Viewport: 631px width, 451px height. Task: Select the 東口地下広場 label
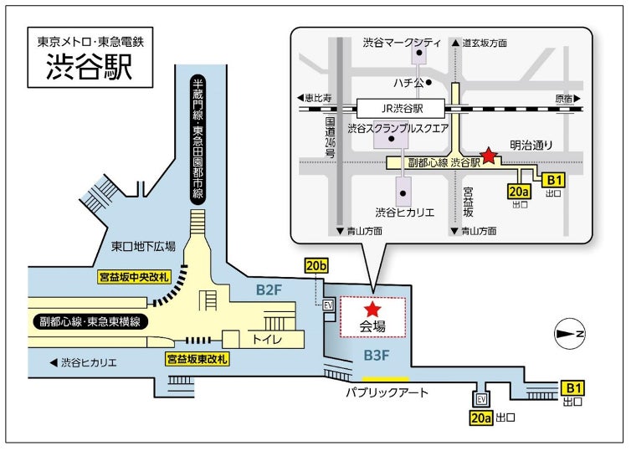click(143, 246)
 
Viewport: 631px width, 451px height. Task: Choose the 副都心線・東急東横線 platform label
click(89, 322)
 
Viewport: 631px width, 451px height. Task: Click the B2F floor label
click(269, 291)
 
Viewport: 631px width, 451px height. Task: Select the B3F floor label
click(377, 356)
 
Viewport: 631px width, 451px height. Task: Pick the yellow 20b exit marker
click(316, 266)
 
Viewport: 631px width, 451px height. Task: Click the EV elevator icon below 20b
click(328, 306)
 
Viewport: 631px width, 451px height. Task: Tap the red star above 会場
click(372, 309)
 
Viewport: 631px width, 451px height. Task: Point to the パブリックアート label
click(387, 393)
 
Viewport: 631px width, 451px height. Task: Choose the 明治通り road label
click(532, 145)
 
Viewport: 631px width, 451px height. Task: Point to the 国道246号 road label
click(330, 138)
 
